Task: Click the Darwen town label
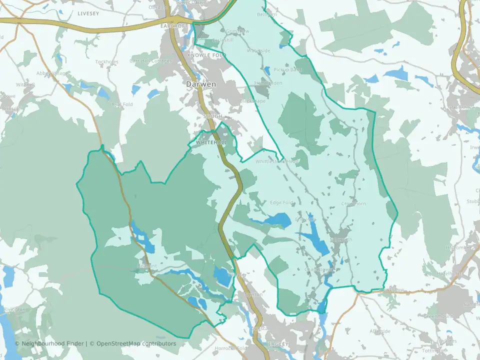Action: click(201, 84)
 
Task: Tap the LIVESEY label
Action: click(88, 13)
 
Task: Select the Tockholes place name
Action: click(106, 62)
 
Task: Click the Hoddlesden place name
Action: click(268, 83)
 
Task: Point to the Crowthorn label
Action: click(353, 204)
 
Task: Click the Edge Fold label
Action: click(281, 202)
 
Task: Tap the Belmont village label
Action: click(147, 266)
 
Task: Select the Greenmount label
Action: click(437, 316)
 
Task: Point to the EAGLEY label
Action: click(278, 344)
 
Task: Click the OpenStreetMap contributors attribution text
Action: click(136, 343)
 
